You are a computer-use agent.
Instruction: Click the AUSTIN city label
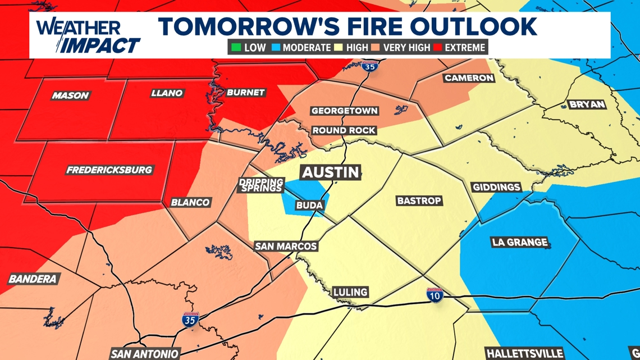click(330, 172)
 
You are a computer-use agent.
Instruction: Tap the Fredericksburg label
click(109, 170)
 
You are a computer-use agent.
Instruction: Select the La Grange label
click(519, 242)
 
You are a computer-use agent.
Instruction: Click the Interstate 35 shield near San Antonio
click(190, 320)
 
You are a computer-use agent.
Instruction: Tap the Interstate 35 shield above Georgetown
click(369, 66)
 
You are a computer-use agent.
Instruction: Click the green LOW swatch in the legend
click(236, 48)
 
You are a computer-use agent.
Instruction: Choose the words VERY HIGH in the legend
click(406, 48)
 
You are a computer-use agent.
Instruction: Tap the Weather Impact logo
click(87, 36)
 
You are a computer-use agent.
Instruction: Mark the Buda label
click(309, 206)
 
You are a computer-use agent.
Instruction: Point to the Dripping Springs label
click(260, 185)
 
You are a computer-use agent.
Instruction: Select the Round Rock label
click(344, 130)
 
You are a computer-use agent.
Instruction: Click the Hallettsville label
click(524, 354)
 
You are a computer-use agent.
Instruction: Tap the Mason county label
click(70, 95)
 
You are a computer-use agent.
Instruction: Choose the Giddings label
click(496, 187)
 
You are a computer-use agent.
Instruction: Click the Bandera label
click(33, 279)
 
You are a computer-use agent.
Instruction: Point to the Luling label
click(350, 292)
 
